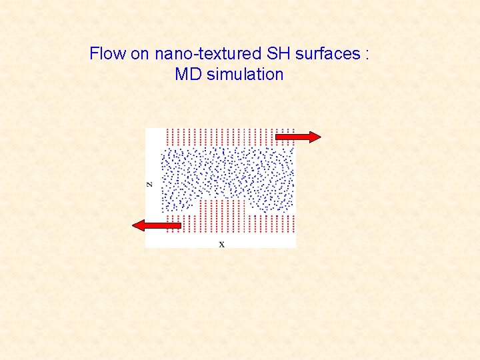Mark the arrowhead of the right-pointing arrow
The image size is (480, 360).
[x=315, y=137]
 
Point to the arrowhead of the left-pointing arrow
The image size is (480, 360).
[x=138, y=225]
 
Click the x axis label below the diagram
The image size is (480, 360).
[x=222, y=244]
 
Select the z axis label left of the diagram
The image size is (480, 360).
[x=150, y=183]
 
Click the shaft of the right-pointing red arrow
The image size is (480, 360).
[x=292, y=137]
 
